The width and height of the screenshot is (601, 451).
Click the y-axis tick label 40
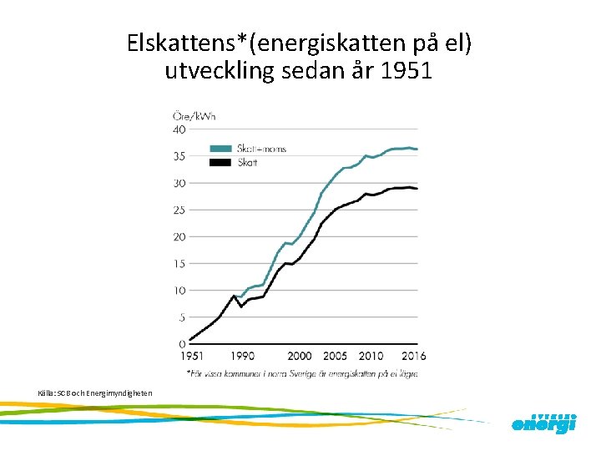coord(179,129)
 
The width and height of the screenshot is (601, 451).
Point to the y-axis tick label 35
coord(179,156)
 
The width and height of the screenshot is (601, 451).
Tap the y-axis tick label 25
coord(179,210)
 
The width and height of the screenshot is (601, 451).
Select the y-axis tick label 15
coord(179,263)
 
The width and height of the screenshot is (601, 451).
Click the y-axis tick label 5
coord(182,317)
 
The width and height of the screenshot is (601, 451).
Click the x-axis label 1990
coord(241,357)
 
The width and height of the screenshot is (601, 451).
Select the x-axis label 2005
coord(335,357)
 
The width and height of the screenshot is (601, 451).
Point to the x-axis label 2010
coord(371,357)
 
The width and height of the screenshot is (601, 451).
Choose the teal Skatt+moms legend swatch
coord(221,149)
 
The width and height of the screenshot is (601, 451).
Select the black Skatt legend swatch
coord(221,162)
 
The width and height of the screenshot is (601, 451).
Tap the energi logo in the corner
coord(543,423)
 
